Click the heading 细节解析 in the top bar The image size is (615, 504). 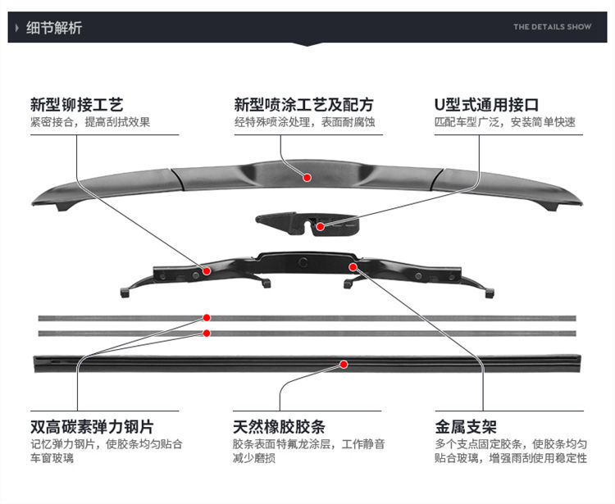pos(54,28)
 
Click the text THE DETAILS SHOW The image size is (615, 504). pos(552,27)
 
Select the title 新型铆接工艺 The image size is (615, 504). pos(76,105)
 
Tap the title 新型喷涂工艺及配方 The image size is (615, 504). pos(303,105)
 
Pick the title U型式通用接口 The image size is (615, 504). pos(486,105)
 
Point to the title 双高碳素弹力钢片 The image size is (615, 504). pos(92,427)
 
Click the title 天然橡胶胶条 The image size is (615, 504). pos(279,427)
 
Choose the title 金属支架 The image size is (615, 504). pos(466,427)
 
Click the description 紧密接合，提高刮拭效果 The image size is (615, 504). pos(90,123)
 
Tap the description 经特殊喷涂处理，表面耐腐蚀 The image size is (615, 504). pos(304,123)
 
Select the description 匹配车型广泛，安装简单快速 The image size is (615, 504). pos(504,123)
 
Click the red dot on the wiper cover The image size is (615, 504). pos(307,176)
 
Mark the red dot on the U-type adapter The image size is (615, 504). pos(321,225)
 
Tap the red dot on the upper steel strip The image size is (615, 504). pos(207,317)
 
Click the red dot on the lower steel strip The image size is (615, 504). pos(207,333)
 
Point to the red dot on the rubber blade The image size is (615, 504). pos(344,364)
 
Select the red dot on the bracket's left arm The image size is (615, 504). pos(207,270)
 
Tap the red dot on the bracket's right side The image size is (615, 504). pos(353,266)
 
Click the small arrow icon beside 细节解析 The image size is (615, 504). pos(18,28)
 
